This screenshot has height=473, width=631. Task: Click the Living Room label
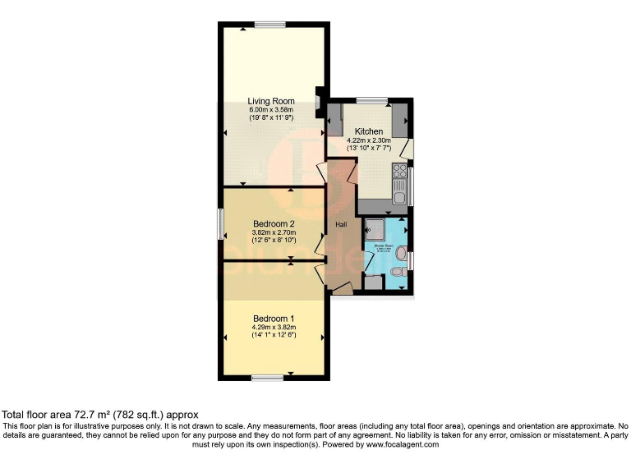pos(271,101)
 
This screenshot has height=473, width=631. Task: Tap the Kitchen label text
pos(369,131)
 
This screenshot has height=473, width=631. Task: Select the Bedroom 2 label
pos(274,224)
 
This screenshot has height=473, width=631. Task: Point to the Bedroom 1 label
pos(274,319)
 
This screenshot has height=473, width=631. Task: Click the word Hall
pos(342,223)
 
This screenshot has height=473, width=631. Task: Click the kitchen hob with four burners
pos(400,172)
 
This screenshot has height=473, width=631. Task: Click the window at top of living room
pos(265,25)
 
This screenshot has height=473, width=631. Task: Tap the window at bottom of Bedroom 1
pos(268,377)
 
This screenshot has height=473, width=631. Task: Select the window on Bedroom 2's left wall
pos(220,224)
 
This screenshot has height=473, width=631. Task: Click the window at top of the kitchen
pos(372,101)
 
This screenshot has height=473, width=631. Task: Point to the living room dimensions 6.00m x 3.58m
pos(271,109)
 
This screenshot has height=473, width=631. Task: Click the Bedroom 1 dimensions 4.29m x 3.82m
pos(274,328)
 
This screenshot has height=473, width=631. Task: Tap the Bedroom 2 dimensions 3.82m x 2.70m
pos(274,233)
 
